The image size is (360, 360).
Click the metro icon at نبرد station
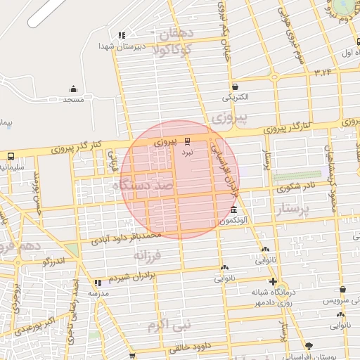pos(187,141)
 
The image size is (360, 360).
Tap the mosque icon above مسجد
pos(73,89)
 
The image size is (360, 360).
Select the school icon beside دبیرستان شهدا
pos(122,35)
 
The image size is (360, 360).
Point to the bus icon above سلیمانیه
pos(11,156)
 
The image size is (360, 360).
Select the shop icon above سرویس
pos(342,289)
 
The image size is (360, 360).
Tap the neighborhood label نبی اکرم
pos(168,326)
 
